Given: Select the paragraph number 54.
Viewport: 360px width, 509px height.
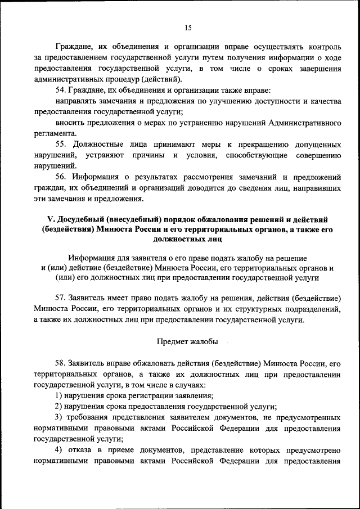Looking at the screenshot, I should pos(61,91).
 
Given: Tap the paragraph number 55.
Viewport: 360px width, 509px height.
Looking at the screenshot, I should pos(61,145).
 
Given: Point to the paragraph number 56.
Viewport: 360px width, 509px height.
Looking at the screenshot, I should pos(61,177).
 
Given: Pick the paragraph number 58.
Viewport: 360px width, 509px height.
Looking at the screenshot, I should pos(61,363).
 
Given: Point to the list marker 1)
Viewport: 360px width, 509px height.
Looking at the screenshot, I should pos(58,395).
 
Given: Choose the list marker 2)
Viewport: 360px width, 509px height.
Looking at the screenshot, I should pos(58,407).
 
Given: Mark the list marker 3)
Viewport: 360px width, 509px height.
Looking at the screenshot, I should pos(58,417).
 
